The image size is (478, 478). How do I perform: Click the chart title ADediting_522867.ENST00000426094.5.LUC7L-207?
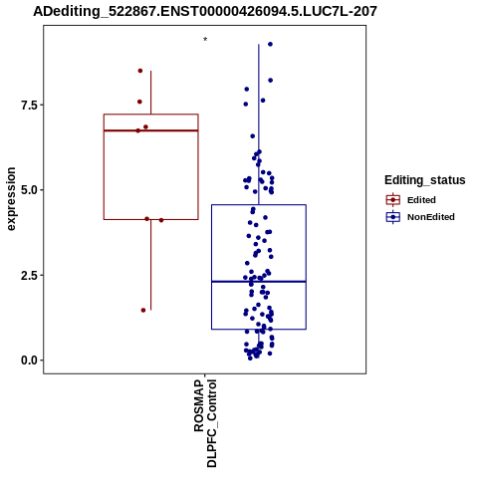(x=205, y=11)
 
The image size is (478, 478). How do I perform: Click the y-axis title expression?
(x=11, y=199)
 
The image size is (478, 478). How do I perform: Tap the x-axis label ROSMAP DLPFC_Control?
(x=205, y=423)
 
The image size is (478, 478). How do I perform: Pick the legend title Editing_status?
(x=425, y=180)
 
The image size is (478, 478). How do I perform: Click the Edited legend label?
(x=421, y=200)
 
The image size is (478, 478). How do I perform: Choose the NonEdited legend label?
(x=431, y=217)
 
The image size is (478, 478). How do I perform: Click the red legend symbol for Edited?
(x=393, y=200)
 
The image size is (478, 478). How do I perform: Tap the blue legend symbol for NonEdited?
(x=393, y=217)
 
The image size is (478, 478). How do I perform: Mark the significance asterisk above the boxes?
(x=205, y=40)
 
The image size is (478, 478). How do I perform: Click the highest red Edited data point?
(x=140, y=71)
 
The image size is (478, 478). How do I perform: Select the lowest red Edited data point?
(x=143, y=311)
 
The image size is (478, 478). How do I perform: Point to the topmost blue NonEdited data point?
(x=271, y=44)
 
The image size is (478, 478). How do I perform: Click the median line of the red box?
(x=151, y=130)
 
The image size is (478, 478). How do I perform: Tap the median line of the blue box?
(x=259, y=282)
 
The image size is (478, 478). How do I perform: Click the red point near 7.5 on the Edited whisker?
(x=139, y=102)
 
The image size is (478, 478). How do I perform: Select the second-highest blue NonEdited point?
(x=271, y=81)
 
